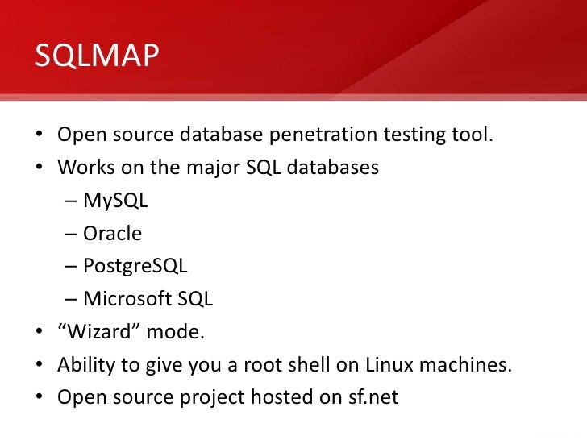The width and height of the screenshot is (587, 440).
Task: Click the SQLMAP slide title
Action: (x=97, y=56)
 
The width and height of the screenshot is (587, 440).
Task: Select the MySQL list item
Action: (x=115, y=200)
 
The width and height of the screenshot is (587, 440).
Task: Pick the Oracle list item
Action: (x=112, y=233)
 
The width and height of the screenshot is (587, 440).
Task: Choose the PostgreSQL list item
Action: (x=135, y=266)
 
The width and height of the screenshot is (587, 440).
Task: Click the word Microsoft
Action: (x=125, y=299)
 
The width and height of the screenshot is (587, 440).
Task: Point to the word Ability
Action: (x=85, y=364)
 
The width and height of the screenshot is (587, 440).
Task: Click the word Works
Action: (x=83, y=168)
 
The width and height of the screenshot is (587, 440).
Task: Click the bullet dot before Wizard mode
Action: (x=40, y=332)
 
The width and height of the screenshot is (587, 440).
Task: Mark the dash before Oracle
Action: (x=71, y=234)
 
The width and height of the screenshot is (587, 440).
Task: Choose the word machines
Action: (x=472, y=364)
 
